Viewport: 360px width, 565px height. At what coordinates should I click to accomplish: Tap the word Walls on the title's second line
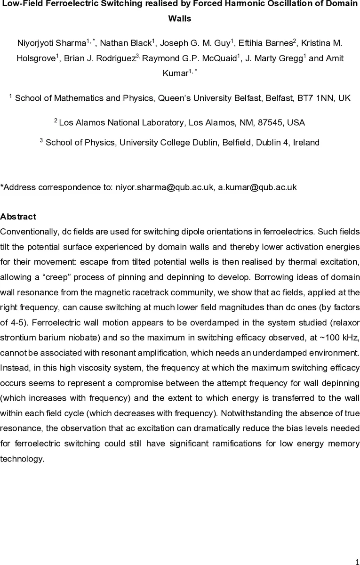180,19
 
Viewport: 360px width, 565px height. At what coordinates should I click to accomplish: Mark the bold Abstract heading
18,217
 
